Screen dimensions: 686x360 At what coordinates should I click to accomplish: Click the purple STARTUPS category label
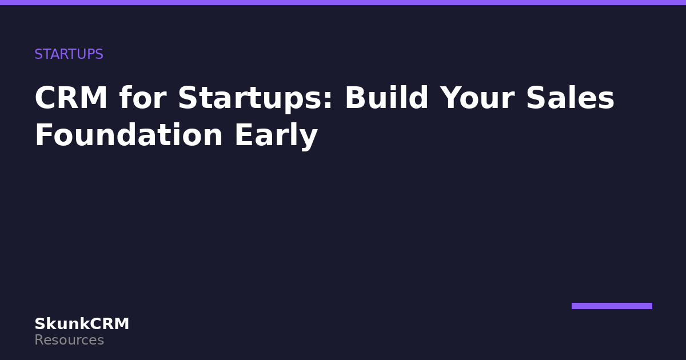(69, 54)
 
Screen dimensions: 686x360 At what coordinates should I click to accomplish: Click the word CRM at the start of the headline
(71, 98)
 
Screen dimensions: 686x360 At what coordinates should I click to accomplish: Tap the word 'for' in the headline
(143, 97)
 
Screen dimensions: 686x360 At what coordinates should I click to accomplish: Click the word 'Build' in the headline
(386, 97)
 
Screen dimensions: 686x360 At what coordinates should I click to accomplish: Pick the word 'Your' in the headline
(477, 98)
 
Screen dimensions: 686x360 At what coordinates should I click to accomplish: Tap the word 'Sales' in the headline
(570, 97)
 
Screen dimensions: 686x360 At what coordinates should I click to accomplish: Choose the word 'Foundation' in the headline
(129, 134)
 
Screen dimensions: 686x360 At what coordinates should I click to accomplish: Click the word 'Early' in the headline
(276, 136)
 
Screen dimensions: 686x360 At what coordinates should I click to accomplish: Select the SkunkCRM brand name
(82, 324)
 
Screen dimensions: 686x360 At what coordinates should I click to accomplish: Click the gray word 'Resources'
(69, 340)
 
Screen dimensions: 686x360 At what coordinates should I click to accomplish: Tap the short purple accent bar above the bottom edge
(612, 306)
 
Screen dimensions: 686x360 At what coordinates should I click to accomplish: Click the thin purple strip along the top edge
(343, 2)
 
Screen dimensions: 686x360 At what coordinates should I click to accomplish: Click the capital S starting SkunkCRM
(40, 324)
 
